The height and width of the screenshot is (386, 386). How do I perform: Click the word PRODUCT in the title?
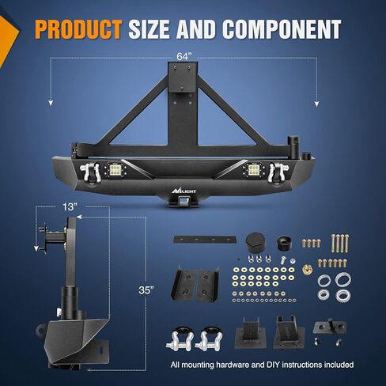(x=78, y=29)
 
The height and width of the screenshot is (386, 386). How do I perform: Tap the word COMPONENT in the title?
(x=282, y=29)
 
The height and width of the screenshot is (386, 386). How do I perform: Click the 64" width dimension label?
(x=184, y=56)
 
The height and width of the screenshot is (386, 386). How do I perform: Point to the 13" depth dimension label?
(x=70, y=207)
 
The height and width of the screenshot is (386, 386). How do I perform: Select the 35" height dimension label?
(x=146, y=290)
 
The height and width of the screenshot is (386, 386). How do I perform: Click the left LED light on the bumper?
(x=115, y=170)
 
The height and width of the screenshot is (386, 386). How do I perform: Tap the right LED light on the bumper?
(x=254, y=170)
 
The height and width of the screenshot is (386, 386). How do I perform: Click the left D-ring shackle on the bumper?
(x=90, y=172)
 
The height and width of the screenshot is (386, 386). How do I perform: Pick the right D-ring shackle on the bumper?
(x=278, y=172)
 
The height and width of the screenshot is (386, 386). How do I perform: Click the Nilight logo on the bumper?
(x=184, y=190)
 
